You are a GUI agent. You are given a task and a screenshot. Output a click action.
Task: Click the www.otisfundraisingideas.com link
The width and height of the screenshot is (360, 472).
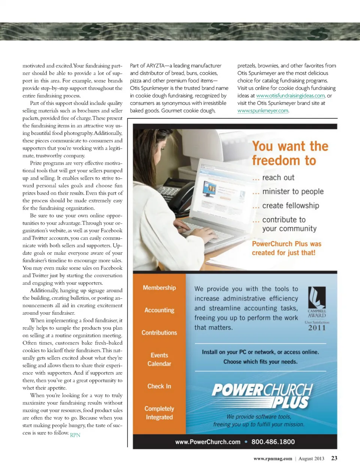[x=290, y=96]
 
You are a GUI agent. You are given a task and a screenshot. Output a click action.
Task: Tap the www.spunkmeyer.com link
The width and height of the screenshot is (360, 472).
[x=262, y=111]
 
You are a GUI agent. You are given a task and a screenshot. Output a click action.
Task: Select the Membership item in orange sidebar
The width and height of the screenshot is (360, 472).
[x=159, y=288]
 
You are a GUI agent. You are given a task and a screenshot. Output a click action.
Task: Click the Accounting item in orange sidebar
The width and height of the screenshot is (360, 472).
[x=159, y=310]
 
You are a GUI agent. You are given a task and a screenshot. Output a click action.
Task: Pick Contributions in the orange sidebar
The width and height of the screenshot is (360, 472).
[x=159, y=333]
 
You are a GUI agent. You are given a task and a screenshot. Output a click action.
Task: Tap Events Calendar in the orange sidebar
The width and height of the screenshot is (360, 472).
[x=159, y=359]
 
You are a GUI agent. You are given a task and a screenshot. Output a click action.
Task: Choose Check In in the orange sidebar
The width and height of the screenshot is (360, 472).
[x=159, y=386]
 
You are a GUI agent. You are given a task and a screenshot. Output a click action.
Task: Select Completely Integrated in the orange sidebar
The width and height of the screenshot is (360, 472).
[x=159, y=413]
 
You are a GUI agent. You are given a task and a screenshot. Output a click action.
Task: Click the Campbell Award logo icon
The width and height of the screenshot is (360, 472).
[x=316, y=297]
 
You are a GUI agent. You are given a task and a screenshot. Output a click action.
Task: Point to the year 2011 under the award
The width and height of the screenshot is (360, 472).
[x=317, y=328]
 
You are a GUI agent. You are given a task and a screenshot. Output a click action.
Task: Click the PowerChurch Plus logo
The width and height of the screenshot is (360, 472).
[x=262, y=396]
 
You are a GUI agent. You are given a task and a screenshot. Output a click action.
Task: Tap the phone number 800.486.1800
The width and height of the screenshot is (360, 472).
[x=273, y=442]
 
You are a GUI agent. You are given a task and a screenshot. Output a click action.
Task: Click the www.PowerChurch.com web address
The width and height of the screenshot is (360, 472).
[x=208, y=442]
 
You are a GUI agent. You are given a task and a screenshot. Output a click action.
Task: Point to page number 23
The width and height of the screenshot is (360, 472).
[x=334, y=458]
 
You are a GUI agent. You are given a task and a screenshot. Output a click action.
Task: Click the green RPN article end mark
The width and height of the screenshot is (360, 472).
[x=75, y=435]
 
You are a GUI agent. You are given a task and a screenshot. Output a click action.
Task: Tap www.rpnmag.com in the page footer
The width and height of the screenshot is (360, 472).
[x=273, y=459]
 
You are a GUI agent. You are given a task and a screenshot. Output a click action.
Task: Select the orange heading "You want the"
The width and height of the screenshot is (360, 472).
[x=290, y=146]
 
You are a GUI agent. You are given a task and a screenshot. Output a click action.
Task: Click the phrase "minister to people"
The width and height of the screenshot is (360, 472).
[x=292, y=191]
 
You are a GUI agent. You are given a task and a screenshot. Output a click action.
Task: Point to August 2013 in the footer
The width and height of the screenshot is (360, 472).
[x=311, y=459]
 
